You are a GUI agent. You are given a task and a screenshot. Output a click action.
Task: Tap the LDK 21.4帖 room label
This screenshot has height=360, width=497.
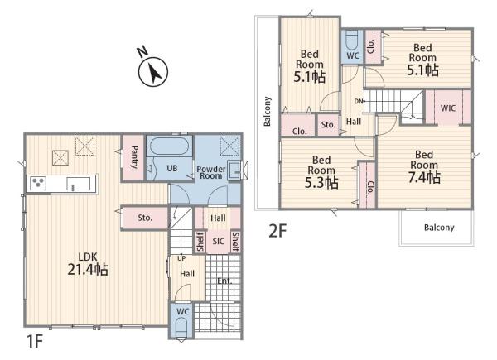(x=88, y=264)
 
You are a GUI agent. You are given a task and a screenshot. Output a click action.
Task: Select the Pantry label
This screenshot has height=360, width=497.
(x=134, y=157)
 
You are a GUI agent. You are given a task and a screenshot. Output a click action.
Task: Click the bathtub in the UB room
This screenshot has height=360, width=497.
(x=169, y=146)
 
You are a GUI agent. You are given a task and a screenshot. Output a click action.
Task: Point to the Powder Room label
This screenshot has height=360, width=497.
(x=210, y=173)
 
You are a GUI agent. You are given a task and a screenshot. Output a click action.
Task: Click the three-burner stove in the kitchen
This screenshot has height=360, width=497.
(x=38, y=183)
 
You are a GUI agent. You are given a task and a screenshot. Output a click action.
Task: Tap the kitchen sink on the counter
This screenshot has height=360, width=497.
(x=78, y=184)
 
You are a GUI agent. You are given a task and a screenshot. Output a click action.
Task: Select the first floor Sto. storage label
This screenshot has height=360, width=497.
(x=145, y=218)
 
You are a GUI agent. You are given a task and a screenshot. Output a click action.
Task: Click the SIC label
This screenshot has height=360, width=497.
(x=219, y=242)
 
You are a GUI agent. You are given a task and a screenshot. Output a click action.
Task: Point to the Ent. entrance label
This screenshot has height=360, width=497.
(x=224, y=281)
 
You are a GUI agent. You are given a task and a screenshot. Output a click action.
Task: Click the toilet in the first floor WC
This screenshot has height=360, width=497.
(x=181, y=328)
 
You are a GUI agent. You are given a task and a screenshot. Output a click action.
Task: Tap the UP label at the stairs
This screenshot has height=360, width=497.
(x=181, y=258)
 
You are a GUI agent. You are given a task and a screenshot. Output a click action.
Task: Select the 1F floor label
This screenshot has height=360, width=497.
(x=35, y=341)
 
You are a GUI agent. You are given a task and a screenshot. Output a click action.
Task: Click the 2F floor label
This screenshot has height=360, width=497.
(x=277, y=231)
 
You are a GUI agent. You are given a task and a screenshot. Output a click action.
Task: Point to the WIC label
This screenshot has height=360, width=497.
(x=448, y=108)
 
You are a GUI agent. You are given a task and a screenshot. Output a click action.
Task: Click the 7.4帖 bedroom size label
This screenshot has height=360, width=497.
(x=424, y=177)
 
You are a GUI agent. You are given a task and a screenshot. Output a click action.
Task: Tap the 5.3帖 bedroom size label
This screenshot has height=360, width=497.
(x=321, y=182)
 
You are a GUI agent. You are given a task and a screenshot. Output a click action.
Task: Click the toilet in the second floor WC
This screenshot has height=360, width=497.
(x=352, y=40)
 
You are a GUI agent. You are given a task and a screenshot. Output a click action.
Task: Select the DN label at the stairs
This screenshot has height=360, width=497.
(x=359, y=101)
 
